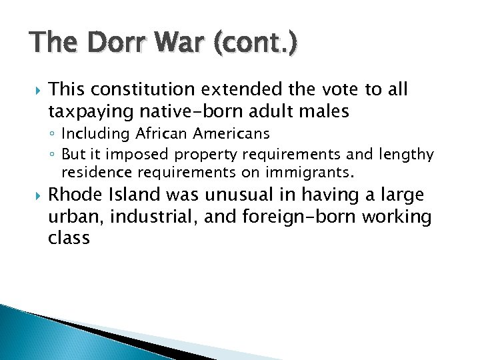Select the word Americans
pyautogui.click(x=231, y=134)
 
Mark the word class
pyautogui.click(x=69, y=237)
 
